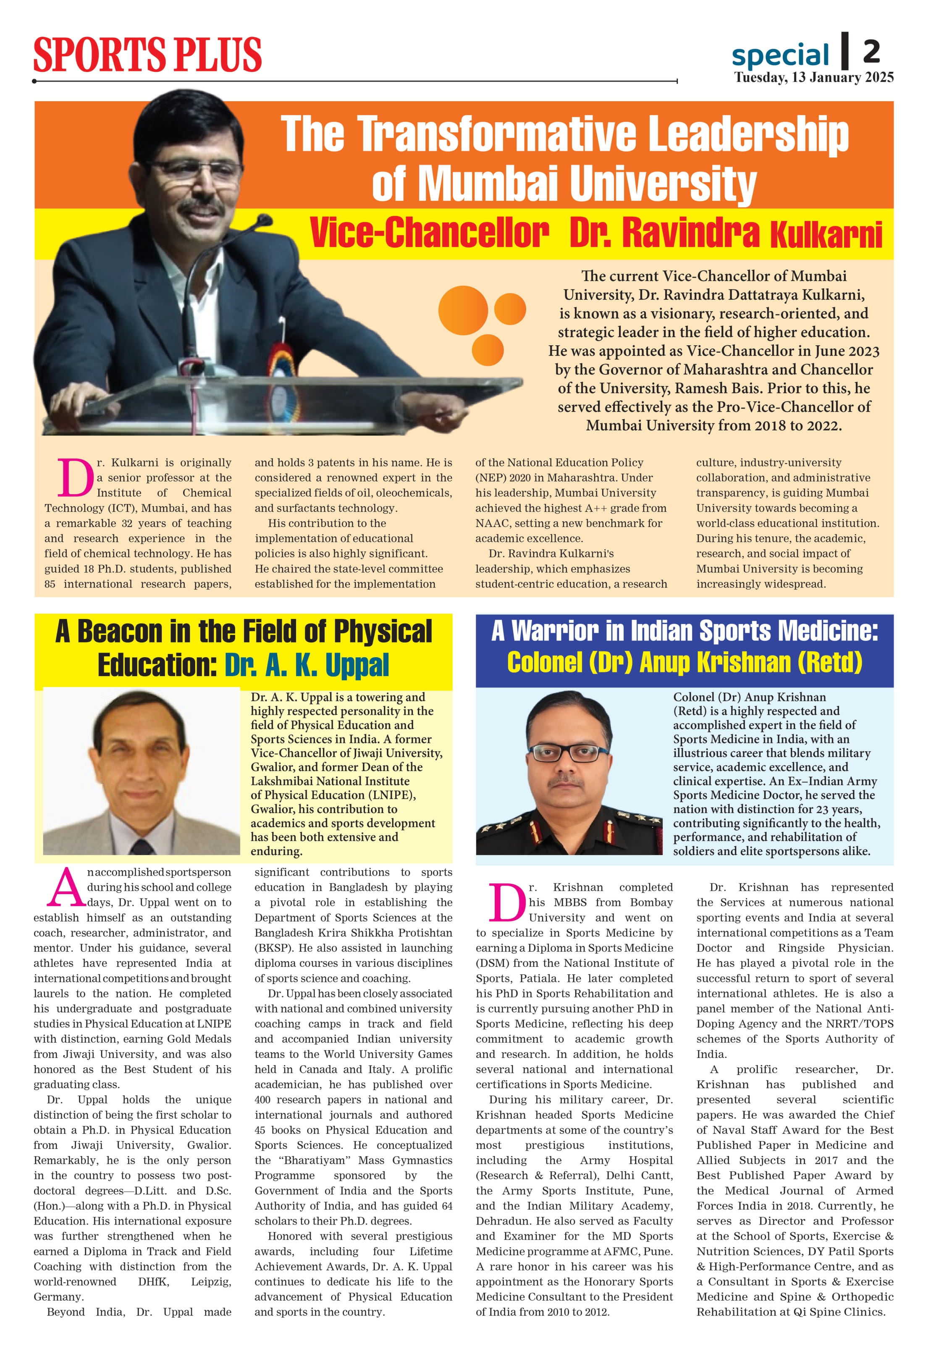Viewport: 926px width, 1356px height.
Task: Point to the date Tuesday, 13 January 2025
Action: coord(813,78)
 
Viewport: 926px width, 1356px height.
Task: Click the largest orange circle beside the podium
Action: coord(463,310)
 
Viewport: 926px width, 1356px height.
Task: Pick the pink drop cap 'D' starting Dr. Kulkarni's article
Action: coord(75,477)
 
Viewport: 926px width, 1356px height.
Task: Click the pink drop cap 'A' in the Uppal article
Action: coord(66,889)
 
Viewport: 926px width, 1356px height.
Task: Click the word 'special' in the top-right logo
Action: coord(780,55)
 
